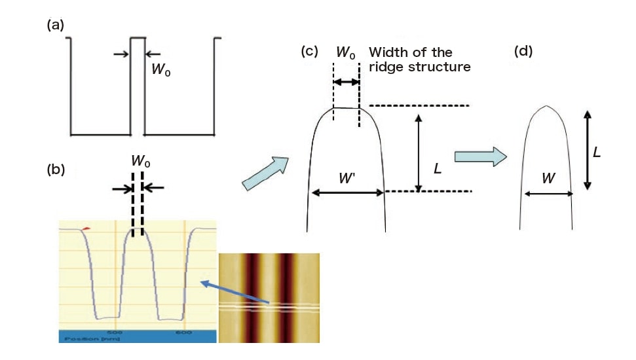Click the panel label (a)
(x=54, y=26)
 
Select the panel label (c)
(x=310, y=52)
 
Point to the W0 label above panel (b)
(x=140, y=160)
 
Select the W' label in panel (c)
(x=347, y=177)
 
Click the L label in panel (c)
(x=438, y=168)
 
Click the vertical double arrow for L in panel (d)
(x=588, y=150)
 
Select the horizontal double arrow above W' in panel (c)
(x=347, y=192)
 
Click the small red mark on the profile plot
(x=86, y=227)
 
